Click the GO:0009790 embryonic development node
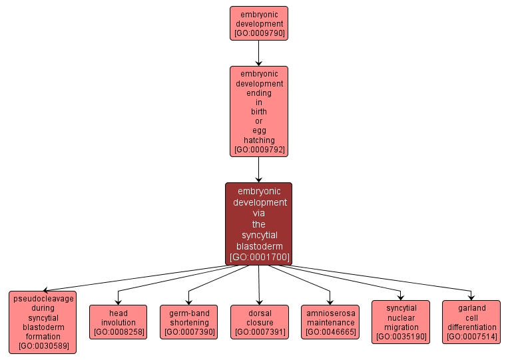tap(258, 23)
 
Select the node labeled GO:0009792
tap(258, 112)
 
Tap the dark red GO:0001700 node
tap(258, 224)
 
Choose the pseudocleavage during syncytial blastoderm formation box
tap(43, 322)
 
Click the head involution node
tap(118, 322)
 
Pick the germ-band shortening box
tap(188, 322)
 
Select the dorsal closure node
tap(259, 322)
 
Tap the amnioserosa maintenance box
tap(330, 322)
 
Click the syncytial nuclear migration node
tap(401, 322)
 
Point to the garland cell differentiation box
tap(471, 322)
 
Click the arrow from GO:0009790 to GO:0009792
tap(258, 53)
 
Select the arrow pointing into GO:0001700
tap(258, 170)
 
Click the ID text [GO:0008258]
tap(118, 332)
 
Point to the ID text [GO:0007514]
tap(471, 337)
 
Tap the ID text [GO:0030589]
tap(43, 346)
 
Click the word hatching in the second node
tap(258, 140)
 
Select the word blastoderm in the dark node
tap(258, 246)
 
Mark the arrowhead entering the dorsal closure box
tap(259, 301)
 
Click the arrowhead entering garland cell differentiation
tap(471, 297)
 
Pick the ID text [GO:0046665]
tap(330, 332)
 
